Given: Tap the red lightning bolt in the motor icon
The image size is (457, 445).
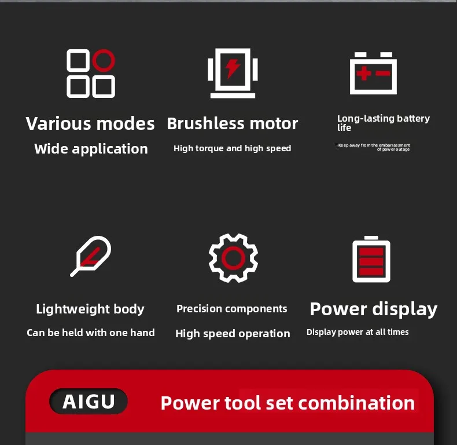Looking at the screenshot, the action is point(233,68).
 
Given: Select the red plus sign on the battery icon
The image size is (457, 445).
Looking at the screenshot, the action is point(364,73).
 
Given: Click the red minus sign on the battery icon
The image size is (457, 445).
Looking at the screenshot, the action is point(383,73).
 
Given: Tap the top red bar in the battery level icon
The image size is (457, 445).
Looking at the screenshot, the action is point(371,251).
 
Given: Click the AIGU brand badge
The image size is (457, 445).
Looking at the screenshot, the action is point(89,402).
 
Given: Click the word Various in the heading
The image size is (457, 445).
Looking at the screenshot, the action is point(58,123).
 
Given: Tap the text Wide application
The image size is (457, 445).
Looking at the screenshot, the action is point(91,149).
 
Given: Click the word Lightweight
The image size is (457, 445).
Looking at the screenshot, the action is point(72,309).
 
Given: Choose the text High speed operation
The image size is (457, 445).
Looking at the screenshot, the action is point(233,334).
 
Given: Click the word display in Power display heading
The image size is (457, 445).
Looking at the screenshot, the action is point(405,309).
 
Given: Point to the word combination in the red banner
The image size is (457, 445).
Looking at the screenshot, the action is point(356,403).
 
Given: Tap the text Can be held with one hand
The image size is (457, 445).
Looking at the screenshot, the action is point(91,333).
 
